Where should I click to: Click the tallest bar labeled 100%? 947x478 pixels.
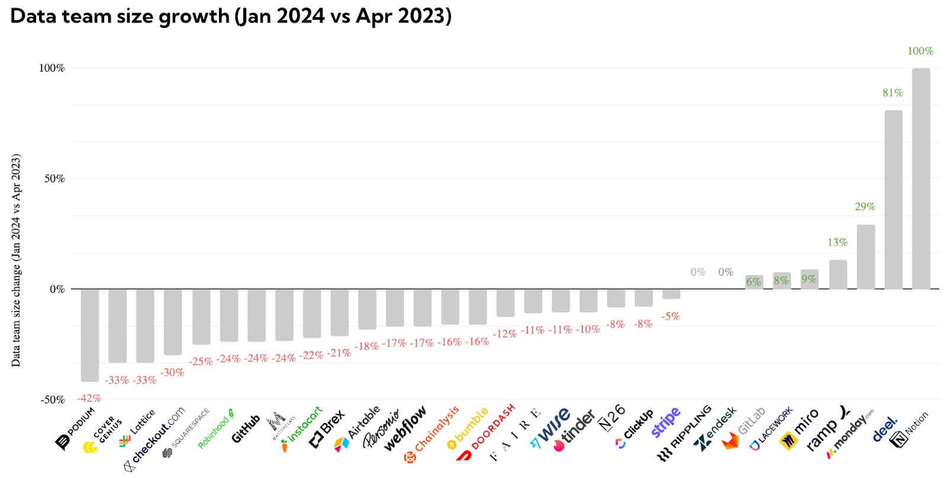coord(920,177)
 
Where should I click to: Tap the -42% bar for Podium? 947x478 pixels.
coord(90,335)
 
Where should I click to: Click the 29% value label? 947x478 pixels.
coord(865,206)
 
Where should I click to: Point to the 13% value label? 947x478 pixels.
coord(838,242)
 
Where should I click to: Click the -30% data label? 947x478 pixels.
coord(172,372)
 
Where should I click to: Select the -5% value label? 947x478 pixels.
coord(671,316)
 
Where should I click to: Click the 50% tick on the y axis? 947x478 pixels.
coord(54,179)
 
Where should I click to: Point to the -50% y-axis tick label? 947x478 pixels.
coord(53,400)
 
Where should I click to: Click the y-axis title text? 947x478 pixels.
coord(16,260)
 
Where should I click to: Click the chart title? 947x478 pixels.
coord(231,16)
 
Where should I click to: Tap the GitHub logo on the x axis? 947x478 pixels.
coord(246,428)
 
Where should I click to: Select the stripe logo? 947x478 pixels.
coord(666,422)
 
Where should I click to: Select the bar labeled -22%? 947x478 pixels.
coord(312,313)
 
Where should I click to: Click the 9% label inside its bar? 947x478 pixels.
coord(809,279)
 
